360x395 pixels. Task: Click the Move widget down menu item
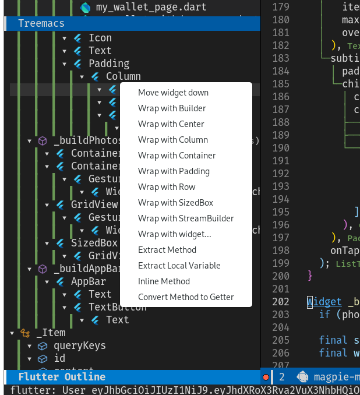173,93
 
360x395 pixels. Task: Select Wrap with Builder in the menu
172,108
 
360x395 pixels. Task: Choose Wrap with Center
171,124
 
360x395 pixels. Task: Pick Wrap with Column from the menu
172,140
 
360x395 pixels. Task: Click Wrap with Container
177,156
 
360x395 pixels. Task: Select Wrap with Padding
174,171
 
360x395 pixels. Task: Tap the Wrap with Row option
167,187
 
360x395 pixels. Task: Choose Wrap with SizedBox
175,203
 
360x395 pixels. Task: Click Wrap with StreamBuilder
186,218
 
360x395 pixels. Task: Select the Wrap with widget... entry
174,234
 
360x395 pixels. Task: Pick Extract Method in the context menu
167,250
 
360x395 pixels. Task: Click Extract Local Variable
179,266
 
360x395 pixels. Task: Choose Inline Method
164,281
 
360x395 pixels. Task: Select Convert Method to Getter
186,297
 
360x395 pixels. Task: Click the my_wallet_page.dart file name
143,8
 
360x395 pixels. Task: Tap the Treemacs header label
41,23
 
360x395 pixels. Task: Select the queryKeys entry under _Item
80,345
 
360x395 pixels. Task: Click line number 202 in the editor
281,302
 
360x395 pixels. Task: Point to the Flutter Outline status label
62,377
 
